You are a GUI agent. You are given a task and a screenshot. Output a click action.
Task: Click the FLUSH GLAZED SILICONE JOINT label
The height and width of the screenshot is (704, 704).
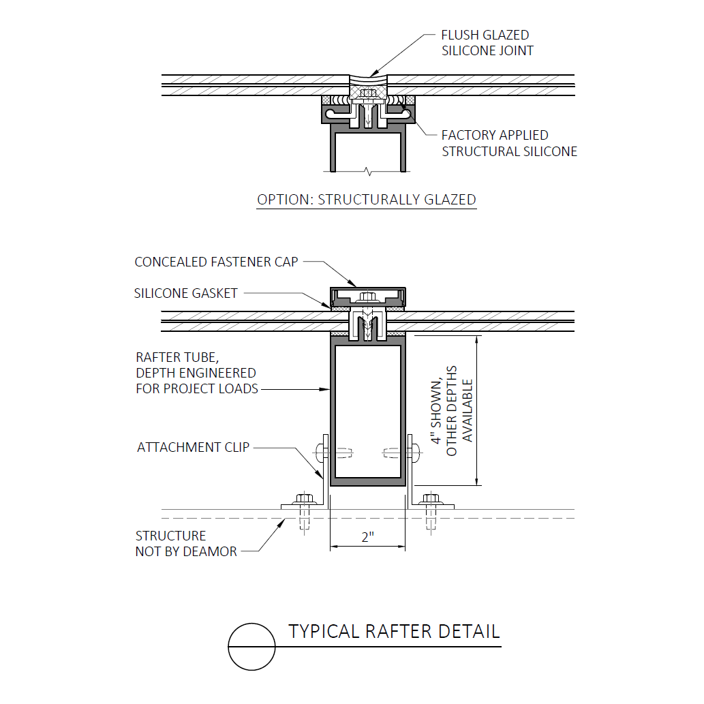click(487, 43)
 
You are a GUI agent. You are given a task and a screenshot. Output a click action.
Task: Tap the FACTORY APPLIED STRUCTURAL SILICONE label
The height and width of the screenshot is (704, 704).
click(509, 143)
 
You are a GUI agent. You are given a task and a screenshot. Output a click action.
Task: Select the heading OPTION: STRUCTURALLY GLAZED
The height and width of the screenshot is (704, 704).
click(367, 200)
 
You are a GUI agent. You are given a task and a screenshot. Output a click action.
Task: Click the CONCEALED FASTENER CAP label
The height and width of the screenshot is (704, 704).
click(217, 262)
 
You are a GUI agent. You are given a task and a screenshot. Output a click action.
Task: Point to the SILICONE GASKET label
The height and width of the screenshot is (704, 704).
click(185, 293)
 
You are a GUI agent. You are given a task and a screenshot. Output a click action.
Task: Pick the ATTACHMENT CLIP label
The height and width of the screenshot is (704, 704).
click(193, 447)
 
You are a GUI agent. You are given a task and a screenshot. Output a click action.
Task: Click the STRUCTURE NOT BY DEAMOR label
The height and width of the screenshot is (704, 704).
click(186, 543)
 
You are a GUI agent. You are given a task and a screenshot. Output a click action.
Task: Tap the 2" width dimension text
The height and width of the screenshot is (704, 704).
click(368, 536)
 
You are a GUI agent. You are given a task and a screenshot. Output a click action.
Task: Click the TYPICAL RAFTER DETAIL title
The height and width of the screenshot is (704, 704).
click(394, 631)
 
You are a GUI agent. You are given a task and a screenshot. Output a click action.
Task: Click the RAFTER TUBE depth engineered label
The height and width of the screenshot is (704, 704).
click(197, 373)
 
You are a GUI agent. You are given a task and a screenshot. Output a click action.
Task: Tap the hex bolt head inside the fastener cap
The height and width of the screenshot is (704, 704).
click(368, 296)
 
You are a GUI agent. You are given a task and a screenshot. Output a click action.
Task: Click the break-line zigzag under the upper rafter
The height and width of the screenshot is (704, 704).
click(368, 172)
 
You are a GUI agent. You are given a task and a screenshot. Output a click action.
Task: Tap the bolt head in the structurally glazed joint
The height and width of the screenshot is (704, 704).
click(368, 93)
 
